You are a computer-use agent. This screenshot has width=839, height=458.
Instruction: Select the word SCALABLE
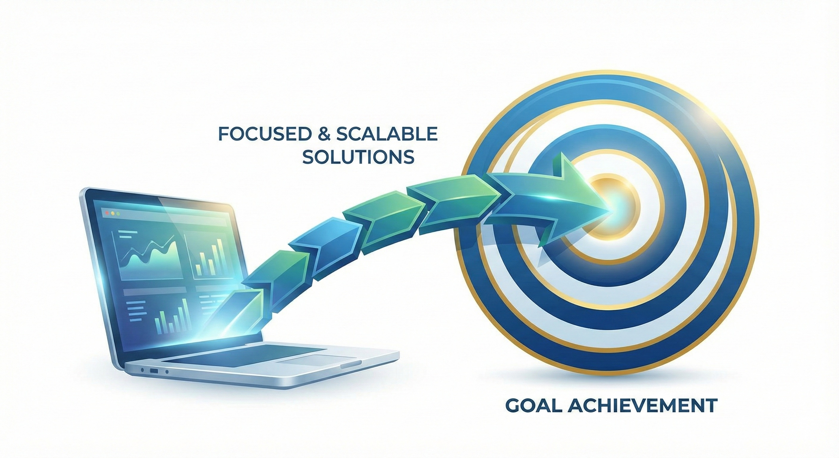coord(387,134)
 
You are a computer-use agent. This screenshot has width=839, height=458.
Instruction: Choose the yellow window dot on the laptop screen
coord(113,213)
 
